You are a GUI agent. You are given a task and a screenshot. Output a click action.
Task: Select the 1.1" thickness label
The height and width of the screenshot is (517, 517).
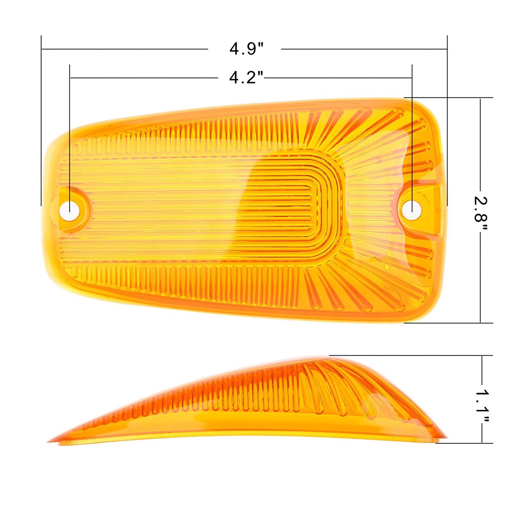[x=482, y=406]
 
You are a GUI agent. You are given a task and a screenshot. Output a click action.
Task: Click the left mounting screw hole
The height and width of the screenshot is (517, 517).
[x=69, y=209]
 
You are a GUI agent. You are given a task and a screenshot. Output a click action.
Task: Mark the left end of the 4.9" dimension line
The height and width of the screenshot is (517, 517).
[x=41, y=49]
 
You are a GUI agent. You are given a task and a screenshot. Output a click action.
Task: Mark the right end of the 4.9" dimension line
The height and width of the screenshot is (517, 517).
[x=447, y=49]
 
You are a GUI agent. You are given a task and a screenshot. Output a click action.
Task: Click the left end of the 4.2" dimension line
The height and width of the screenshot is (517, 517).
[x=70, y=78]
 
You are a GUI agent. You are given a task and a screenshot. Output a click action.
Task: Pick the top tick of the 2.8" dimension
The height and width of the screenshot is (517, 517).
[x=480, y=98]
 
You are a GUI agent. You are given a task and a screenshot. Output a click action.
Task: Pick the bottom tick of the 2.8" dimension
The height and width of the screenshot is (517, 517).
[x=480, y=323]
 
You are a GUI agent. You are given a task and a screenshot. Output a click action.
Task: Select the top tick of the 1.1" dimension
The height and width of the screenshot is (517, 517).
[x=482, y=355]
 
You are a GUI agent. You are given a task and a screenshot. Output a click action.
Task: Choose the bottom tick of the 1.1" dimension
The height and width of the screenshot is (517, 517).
[x=482, y=443]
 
